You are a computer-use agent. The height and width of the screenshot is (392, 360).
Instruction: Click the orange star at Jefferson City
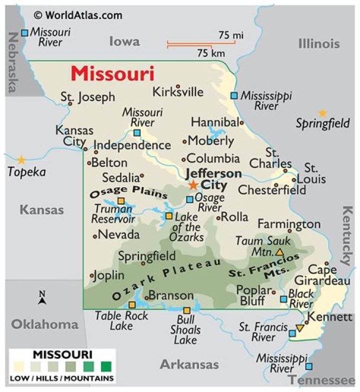(193, 185)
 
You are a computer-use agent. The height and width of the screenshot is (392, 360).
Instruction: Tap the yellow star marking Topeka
(21, 160)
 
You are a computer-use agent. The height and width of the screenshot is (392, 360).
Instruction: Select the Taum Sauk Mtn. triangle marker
(279, 252)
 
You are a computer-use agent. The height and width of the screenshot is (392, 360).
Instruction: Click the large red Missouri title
(112, 74)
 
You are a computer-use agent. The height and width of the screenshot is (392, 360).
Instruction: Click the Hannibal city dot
(241, 122)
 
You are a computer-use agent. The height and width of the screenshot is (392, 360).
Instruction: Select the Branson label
(171, 296)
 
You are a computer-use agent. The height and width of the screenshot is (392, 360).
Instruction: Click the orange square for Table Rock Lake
(132, 305)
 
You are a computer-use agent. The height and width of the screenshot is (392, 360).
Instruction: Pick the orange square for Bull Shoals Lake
(186, 310)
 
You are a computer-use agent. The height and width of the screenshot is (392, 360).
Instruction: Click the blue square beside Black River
(283, 299)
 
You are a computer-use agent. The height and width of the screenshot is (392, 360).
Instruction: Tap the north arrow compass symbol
(42, 298)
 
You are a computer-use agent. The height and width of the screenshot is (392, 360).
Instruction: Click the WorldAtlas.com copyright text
(78, 15)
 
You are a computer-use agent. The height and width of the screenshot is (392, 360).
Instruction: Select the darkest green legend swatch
(105, 367)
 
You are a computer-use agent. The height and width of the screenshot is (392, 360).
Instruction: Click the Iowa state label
(124, 41)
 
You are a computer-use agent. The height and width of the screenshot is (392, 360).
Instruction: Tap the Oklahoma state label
(45, 325)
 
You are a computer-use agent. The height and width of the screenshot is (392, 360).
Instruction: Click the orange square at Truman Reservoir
(120, 201)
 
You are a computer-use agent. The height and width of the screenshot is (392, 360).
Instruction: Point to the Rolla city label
(234, 217)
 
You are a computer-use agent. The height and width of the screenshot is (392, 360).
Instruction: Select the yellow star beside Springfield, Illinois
(322, 113)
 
